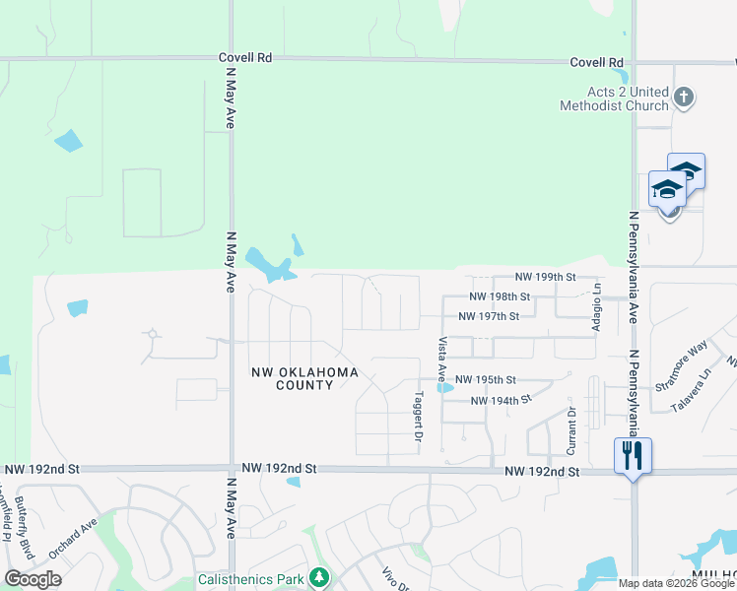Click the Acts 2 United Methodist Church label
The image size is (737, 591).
(x=613, y=98)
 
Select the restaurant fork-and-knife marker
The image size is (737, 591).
(x=633, y=455)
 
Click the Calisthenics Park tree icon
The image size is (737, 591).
(x=318, y=577)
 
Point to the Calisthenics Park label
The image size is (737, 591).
(x=250, y=579)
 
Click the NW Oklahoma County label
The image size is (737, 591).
(x=304, y=378)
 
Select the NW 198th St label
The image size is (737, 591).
(x=500, y=296)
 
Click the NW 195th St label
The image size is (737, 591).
(x=486, y=380)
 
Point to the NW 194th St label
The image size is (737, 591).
(x=501, y=400)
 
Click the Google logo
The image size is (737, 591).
(x=33, y=579)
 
